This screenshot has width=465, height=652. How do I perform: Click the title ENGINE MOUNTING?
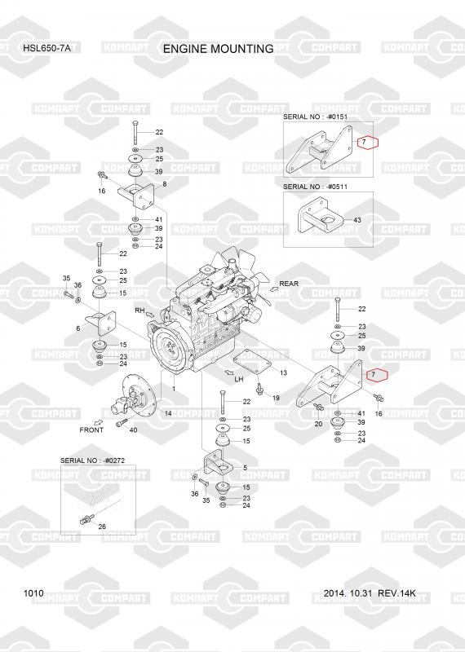[218, 49]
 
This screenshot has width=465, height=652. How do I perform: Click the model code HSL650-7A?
[46, 48]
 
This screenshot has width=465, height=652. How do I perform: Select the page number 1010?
[33, 593]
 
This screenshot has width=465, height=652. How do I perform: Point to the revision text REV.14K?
[396, 593]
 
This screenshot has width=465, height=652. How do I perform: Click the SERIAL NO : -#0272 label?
[92, 460]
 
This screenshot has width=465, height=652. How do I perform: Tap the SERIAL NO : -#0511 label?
[315, 187]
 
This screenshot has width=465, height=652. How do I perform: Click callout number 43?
[357, 220]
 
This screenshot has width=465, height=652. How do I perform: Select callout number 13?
[283, 372]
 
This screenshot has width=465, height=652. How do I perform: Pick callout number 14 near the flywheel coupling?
[168, 413]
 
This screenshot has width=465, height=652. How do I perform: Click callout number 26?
[102, 526]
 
